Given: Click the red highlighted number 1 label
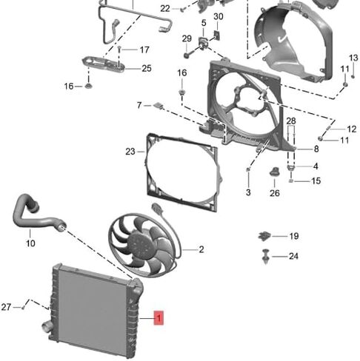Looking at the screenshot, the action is click(159, 318).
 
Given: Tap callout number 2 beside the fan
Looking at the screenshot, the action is click(201, 249).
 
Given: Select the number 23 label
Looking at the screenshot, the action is click(130, 152).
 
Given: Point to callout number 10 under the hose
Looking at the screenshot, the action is click(30, 243).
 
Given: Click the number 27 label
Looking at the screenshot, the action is click(6, 307).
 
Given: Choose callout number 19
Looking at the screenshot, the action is click(294, 236).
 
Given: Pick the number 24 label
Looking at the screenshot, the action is click(293, 256).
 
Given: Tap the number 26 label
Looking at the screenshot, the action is click(275, 193).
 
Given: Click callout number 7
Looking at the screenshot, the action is click(139, 105).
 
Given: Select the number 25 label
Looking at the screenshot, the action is click(147, 68).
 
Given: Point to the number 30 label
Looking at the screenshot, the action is click(219, 16).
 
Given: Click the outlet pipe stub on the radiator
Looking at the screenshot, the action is click(47, 328).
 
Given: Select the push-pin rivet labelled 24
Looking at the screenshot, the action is click(266, 257).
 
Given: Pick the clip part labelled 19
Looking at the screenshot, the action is click(264, 236).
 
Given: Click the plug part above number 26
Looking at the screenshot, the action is click(274, 172).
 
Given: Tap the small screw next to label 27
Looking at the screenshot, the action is click(23, 308).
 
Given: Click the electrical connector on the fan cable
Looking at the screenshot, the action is click(157, 209).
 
